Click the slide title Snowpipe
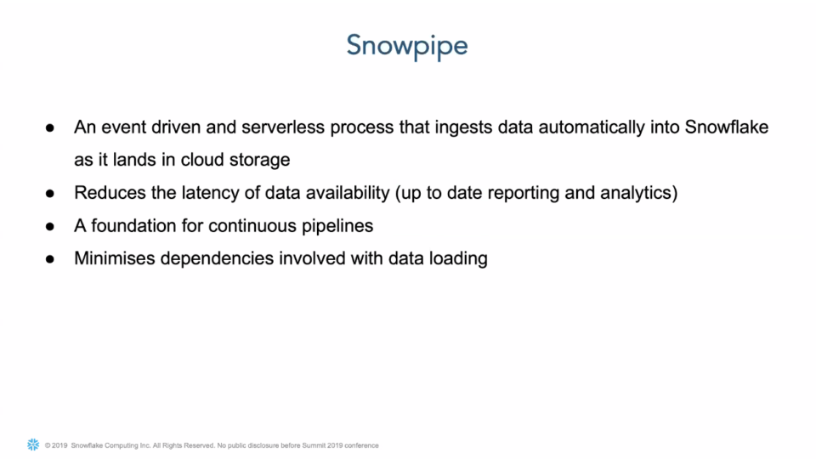407,45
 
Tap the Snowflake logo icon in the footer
33,445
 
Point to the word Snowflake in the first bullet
727,127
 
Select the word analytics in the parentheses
637,193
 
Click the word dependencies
221,258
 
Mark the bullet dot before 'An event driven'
50,128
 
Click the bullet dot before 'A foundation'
50,226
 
